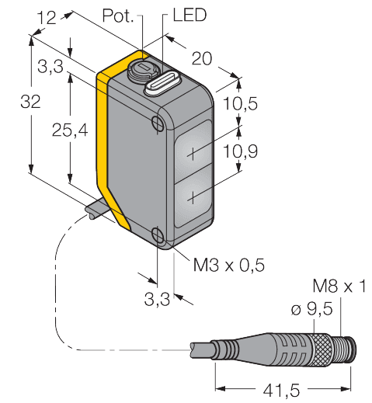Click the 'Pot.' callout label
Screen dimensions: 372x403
tap(118, 16)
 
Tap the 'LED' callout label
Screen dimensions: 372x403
tap(189, 15)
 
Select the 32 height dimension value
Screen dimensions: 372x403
tap(30, 102)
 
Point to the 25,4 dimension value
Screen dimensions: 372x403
tap(70, 130)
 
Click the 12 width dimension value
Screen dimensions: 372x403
tap(47, 18)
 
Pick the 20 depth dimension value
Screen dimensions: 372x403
tap(202, 58)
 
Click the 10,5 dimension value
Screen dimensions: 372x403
tap(240, 103)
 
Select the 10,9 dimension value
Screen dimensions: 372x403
tap(240, 151)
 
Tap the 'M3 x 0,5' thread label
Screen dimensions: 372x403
tap(229, 265)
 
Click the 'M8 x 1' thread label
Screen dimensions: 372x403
tap(339, 287)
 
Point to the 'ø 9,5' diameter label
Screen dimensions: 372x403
tap(311, 309)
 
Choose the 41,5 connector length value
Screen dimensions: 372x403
tap(281, 391)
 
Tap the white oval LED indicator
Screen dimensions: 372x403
tap(163, 84)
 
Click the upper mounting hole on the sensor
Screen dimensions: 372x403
tap(157, 123)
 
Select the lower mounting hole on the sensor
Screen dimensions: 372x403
tap(158, 235)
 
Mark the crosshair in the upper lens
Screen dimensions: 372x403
tap(193, 155)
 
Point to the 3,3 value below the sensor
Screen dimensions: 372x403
tap(157, 300)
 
